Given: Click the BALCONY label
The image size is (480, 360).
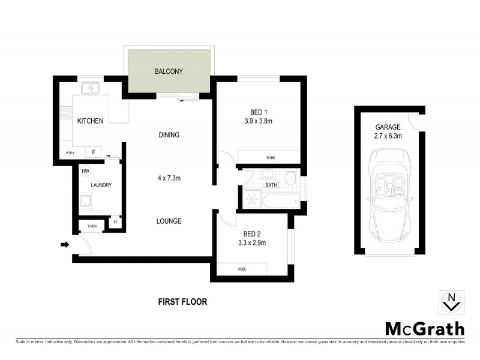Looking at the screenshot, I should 169,72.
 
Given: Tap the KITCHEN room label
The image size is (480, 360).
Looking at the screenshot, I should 91,121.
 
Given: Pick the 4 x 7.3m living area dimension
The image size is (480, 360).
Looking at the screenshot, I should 169,178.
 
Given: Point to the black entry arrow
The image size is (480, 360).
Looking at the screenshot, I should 65,244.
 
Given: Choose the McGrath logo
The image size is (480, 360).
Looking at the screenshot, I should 424,328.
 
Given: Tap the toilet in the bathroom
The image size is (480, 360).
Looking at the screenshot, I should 290,178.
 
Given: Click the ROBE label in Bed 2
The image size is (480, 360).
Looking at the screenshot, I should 242,269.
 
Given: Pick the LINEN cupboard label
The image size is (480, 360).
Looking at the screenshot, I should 92,226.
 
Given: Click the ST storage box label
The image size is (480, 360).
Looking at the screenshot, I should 115,223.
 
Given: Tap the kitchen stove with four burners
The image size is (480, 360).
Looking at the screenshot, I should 65,112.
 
